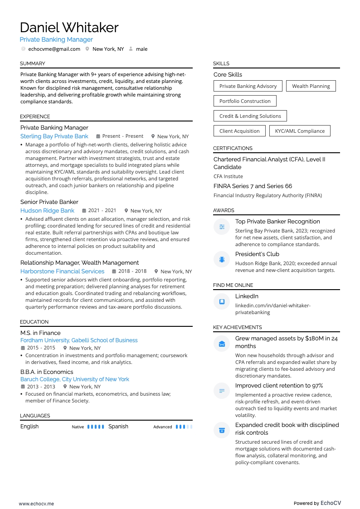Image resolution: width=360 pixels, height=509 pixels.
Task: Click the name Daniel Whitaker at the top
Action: [x=69, y=28]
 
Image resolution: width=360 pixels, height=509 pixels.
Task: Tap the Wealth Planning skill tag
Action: [x=311, y=86]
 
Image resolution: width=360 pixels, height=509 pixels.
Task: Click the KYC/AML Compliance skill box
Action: [x=300, y=131]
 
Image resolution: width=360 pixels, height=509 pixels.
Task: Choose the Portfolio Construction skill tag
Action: [x=245, y=101]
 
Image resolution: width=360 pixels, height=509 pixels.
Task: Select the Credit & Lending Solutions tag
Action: [x=250, y=116]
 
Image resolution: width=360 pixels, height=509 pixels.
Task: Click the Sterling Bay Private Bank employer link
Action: [x=54, y=136]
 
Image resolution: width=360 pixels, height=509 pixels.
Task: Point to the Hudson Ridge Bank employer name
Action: [x=47, y=211]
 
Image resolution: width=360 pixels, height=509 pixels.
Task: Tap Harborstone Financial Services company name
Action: [x=62, y=271]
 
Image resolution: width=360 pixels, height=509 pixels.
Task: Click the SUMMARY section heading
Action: [x=32, y=63]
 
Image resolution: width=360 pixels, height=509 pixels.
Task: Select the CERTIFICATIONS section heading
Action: [x=233, y=148]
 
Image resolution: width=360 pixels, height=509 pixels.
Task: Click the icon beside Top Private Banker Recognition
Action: [x=222, y=227]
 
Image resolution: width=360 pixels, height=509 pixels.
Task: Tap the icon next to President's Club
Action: [x=222, y=259]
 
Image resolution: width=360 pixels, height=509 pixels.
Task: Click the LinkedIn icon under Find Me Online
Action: [x=222, y=301]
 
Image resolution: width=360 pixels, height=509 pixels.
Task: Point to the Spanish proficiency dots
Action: [x=184, y=427]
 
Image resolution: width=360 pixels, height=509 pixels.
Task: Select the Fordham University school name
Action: [x=79, y=340]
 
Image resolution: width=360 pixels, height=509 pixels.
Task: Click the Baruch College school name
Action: [x=75, y=379]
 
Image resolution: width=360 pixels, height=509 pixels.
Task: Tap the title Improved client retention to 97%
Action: [x=279, y=386]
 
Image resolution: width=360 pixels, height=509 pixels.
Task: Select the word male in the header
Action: [x=141, y=49]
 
